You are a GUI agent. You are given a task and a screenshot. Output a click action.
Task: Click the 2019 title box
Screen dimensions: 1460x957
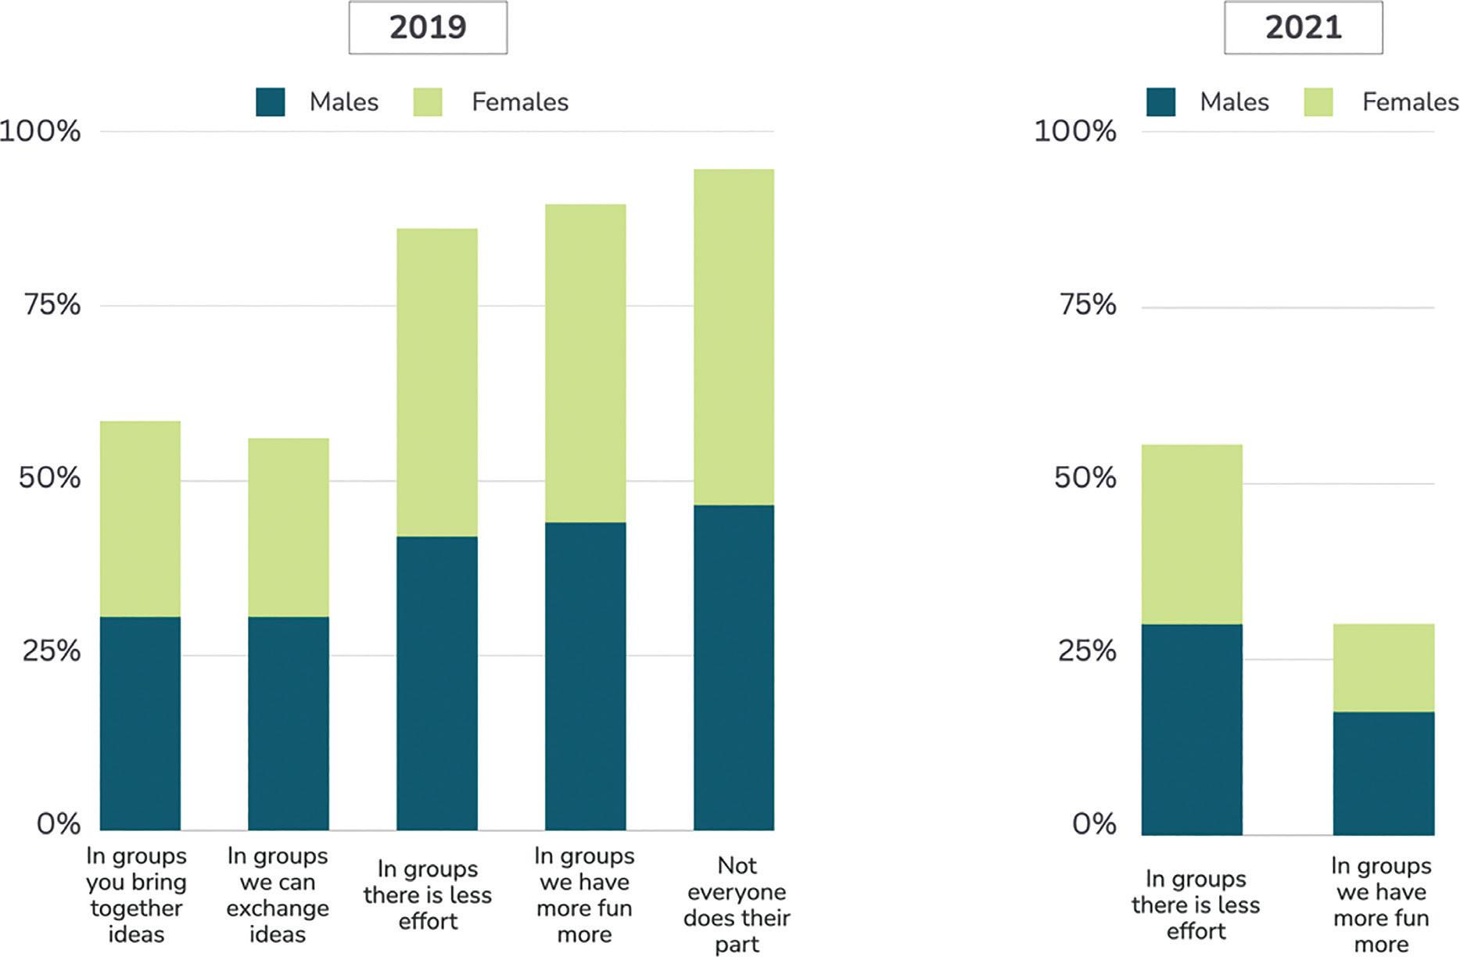428,27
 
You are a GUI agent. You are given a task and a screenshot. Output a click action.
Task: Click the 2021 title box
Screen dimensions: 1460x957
1303,27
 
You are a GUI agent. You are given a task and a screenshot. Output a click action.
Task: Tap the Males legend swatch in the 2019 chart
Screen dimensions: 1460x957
271,102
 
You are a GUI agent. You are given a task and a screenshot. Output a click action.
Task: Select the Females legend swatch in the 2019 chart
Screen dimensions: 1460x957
428,102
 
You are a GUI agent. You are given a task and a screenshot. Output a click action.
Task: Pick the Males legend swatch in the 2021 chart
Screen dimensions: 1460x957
1161,102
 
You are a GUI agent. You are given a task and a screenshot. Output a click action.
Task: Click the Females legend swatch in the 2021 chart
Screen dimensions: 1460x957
1318,102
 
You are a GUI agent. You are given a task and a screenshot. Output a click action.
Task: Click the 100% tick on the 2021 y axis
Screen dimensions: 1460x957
1075,131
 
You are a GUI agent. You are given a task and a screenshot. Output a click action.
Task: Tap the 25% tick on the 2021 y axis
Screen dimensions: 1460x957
1087,651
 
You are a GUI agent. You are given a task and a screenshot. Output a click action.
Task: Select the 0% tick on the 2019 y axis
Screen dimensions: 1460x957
59,823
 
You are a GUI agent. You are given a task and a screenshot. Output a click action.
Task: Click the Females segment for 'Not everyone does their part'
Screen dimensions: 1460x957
734,337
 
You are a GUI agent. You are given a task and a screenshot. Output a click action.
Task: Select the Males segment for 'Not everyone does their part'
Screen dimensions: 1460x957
734,668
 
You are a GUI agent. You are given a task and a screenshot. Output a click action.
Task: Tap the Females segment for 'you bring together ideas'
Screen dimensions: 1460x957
140,519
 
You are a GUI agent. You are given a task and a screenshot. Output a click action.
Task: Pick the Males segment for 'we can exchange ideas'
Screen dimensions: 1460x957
289,723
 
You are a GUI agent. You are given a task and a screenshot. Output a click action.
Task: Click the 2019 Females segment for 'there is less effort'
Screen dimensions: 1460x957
437,382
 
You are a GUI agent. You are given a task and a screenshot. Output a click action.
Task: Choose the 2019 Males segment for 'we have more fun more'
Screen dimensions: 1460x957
586,676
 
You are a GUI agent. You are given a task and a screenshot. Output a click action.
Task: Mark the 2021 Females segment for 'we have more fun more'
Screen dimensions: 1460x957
1384,668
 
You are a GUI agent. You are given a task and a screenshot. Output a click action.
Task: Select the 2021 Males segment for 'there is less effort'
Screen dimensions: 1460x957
1192,729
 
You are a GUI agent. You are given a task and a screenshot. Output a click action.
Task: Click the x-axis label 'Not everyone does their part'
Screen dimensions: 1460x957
737,905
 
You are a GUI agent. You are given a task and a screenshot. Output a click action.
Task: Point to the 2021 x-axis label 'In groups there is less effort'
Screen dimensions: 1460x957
1196,905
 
